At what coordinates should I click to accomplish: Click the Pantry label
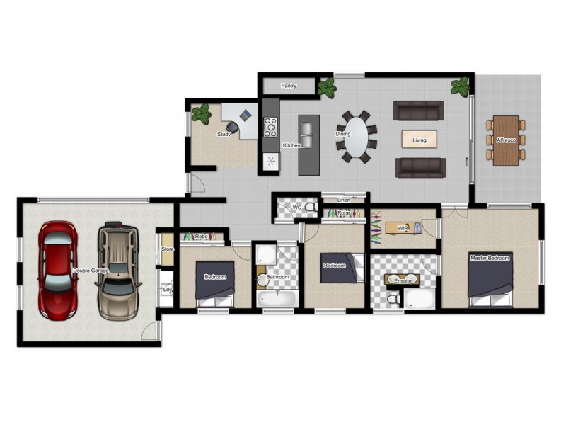289,86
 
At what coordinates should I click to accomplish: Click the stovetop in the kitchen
270,127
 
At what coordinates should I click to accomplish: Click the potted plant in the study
202,113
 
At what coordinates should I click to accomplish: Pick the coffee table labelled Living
420,140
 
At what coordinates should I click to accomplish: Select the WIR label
403,228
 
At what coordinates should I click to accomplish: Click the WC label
298,208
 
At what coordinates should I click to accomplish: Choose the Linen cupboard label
344,200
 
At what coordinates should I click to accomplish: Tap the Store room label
168,249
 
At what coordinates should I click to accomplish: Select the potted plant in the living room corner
461,87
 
